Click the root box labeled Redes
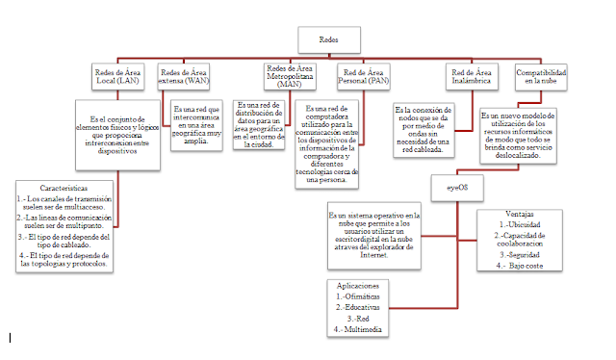(x=330, y=39)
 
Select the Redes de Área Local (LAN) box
(x=118, y=77)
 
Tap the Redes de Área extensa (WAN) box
(x=184, y=77)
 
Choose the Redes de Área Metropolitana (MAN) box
(x=290, y=76)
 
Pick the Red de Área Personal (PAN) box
(x=367, y=77)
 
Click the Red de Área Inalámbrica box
(x=472, y=77)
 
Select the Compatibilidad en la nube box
(x=541, y=77)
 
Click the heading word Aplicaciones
(x=363, y=286)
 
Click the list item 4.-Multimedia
(x=363, y=329)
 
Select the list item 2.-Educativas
(x=363, y=307)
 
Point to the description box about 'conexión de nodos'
(x=434, y=130)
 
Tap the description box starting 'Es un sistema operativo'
(x=372, y=236)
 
